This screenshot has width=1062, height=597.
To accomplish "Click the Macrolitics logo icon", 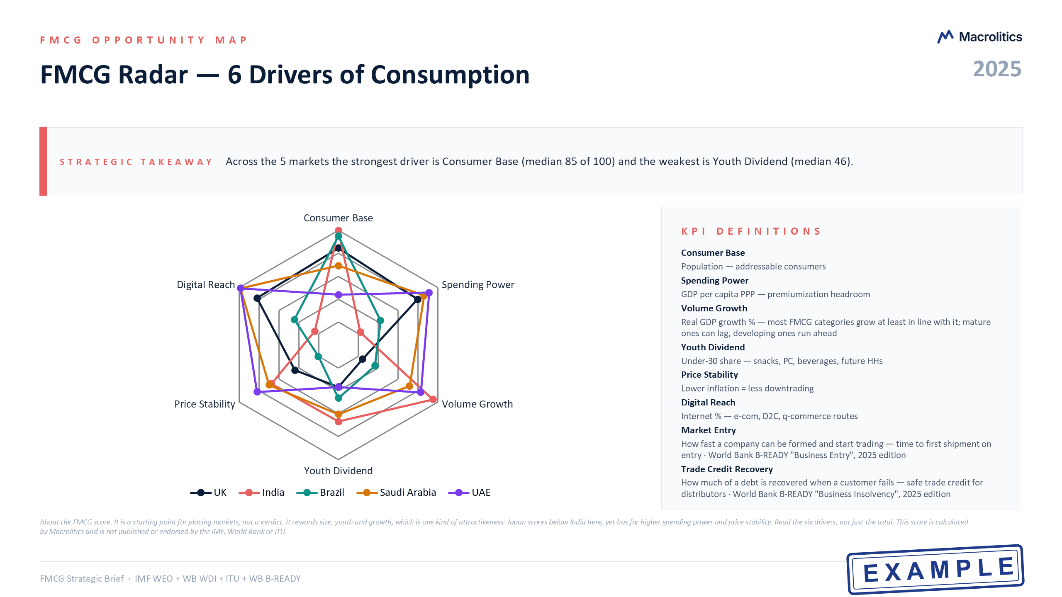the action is pyautogui.click(x=945, y=37).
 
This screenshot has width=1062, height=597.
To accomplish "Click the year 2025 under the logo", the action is pyautogui.click(x=997, y=69).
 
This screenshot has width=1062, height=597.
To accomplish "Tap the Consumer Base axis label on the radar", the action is pyautogui.click(x=338, y=218).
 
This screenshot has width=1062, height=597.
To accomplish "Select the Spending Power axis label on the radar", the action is pyautogui.click(x=478, y=285).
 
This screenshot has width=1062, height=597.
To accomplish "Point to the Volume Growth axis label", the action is pyautogui.click(x=477, y=404).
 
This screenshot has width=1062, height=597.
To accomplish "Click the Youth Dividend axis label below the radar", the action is pyautogui.click(x=338, y=471).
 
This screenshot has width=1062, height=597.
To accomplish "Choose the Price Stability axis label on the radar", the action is pyautogui.click(x=205, y=404).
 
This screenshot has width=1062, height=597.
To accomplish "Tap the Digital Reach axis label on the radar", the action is pyautogui.click(x=206, y=285).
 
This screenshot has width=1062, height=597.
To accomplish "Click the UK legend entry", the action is pyautogui.click(x=208, y=493).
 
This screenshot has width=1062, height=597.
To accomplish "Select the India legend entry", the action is pyautogui.click(x=261, y=493).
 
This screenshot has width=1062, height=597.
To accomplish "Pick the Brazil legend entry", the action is pyautogui.click(x=320, y=493).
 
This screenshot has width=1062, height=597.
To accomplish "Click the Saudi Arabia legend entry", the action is pyautogui.click(x=396, y=493).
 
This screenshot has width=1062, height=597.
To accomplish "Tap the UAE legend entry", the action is pyautogui.click(x=469, y=493).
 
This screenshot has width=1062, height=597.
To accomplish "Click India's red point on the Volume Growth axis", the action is pyautogui.click(x=433, y=399).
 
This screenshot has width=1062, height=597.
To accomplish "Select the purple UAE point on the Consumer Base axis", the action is pyautogui.click(x=339, y=295).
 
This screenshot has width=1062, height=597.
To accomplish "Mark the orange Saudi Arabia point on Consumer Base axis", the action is pyautogui.click(x=339, y=266).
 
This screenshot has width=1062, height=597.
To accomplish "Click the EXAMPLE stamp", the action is pyautogui.click(x=935, y=569).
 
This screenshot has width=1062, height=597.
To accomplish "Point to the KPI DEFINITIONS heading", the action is pyautogui.click(x=751, y=231).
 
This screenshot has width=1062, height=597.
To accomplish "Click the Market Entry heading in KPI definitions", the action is pyautogui.click(x=709, y=430).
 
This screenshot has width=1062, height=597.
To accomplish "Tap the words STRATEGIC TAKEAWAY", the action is pyautogui.click(x=136, y=162).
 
